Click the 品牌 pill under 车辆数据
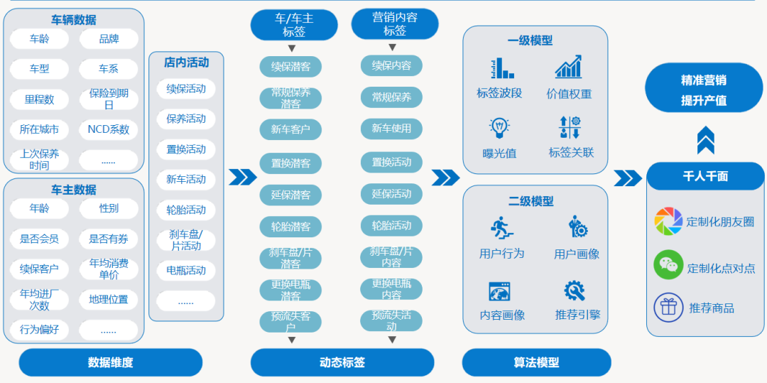[109, 39]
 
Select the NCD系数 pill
[109, 129]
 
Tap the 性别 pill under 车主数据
[109, 208]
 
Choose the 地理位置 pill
[109, 299]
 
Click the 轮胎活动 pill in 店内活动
[186, 210]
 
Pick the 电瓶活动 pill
[186, 270]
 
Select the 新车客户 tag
[290, 129]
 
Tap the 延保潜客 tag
[290, 195]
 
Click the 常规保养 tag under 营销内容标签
[391, 97]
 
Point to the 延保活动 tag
[391, 193]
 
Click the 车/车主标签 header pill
[294, 25]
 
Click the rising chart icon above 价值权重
[568, 68]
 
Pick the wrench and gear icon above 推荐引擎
[575, 291]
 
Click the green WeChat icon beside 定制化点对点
[668, 265]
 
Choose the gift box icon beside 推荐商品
[668, 308]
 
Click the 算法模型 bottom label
[536, 362]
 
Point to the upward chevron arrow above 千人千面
[705, 140]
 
